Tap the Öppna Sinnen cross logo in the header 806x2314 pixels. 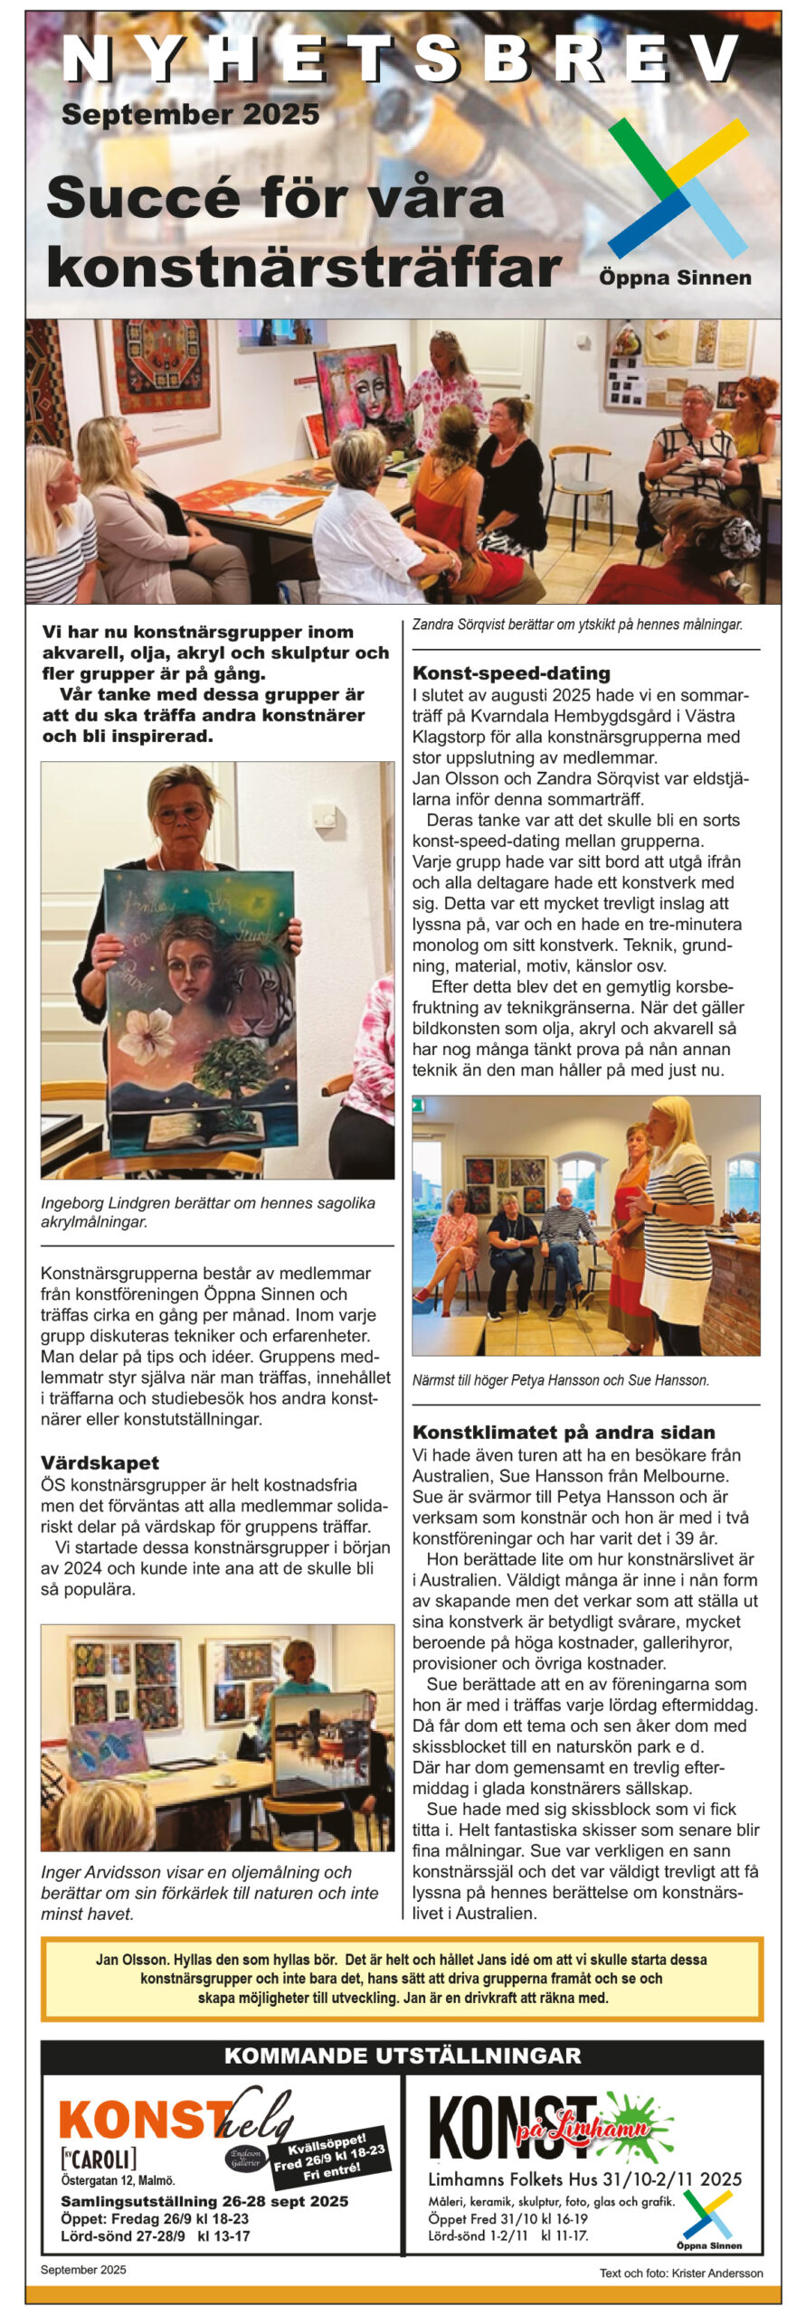coord(678,188)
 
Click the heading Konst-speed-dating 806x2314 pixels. coord(511,673)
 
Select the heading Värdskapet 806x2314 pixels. coord(100,1462)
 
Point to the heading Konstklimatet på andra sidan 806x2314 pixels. coord(564,1432)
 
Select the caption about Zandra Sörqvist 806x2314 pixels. coord(577,625)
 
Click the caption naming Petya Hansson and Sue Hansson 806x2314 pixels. coord(561,1380)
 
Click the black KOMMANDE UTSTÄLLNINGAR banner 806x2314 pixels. coord(403,2055)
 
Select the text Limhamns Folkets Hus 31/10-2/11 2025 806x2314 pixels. coord(584,2179)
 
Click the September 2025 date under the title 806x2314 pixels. coord(190,115)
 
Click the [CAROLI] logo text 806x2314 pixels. coord(99,2159)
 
